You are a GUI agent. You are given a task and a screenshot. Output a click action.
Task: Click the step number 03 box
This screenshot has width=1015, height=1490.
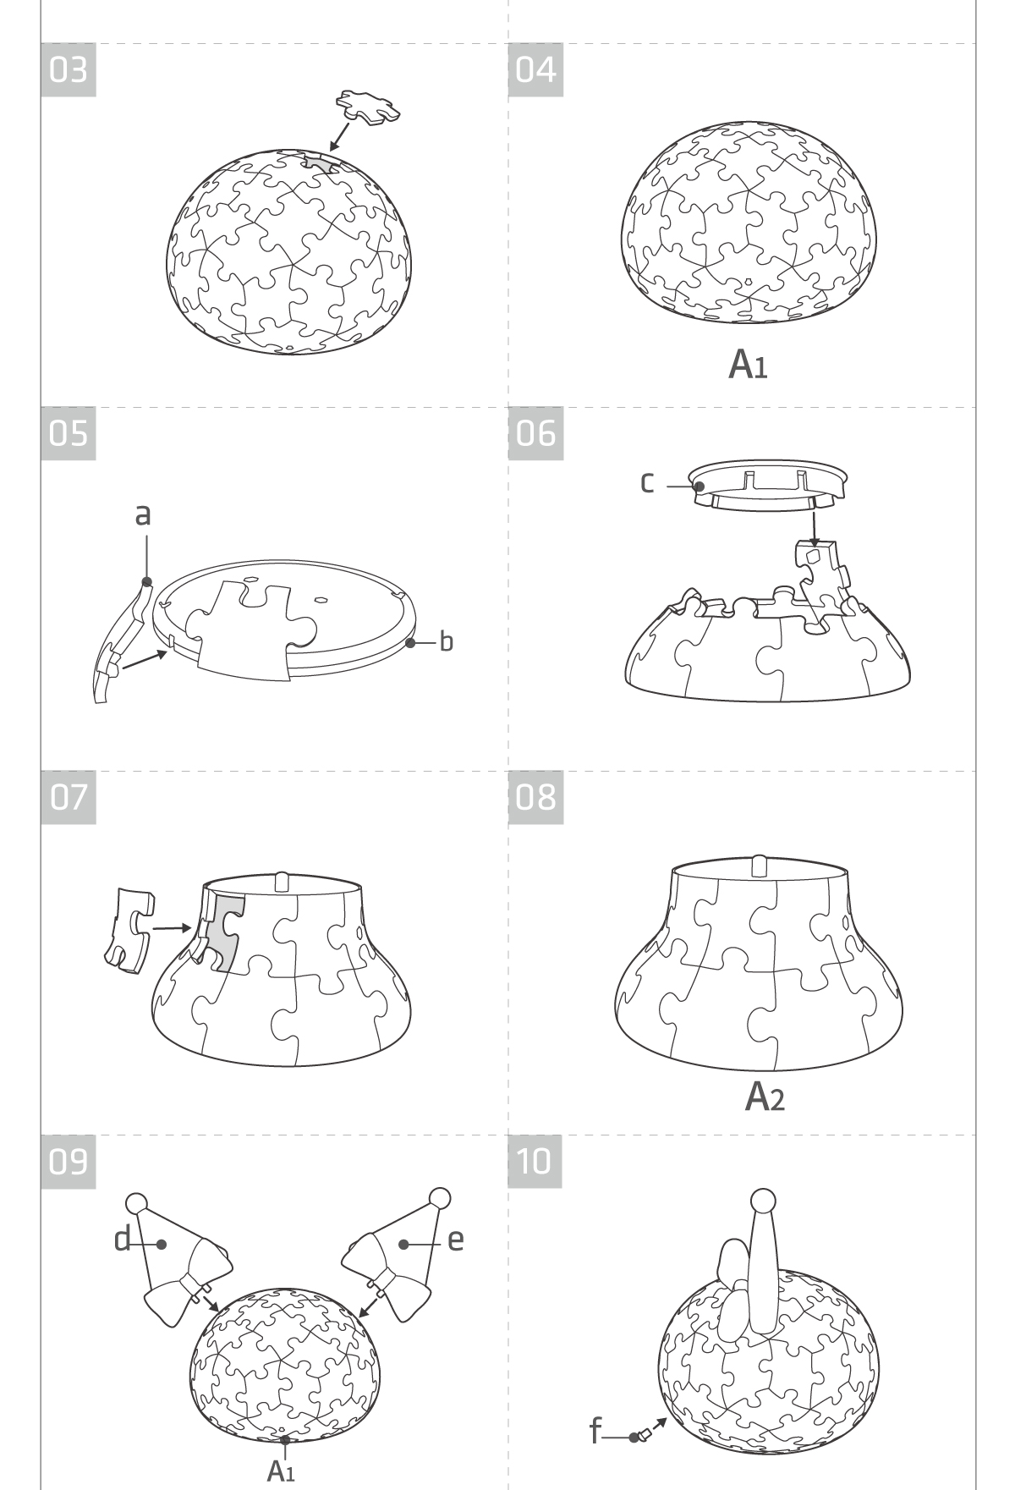pos(69,69)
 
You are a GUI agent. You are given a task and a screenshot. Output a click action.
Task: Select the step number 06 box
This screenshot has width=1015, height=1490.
pos(535,433)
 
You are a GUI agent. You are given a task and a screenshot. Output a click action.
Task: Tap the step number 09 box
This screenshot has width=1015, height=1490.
pos(69,1161)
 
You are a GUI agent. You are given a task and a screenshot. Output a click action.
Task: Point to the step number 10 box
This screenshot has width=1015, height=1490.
pos(535,1161)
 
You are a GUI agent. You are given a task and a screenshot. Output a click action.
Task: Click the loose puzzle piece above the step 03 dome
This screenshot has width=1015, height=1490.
pos(368,107)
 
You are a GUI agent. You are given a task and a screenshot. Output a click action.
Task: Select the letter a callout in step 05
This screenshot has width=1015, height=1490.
pos(143,513)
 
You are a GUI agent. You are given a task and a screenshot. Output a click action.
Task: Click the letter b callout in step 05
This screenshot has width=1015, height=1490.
pos(446,641)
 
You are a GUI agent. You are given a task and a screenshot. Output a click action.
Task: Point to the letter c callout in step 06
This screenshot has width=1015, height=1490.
pos(647,482)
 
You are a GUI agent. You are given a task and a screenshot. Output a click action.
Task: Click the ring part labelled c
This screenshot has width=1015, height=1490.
pos(766,486)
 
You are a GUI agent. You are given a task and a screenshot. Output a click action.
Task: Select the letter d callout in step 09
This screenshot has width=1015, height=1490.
pos(123,1240)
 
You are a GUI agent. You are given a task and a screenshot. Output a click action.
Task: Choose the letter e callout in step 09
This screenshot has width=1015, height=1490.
pos(456,1240)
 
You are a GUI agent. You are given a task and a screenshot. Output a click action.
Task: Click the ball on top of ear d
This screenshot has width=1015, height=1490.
pos(136,1203)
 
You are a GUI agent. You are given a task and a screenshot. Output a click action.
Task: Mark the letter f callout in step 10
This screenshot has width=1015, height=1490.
pos(595,1432)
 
